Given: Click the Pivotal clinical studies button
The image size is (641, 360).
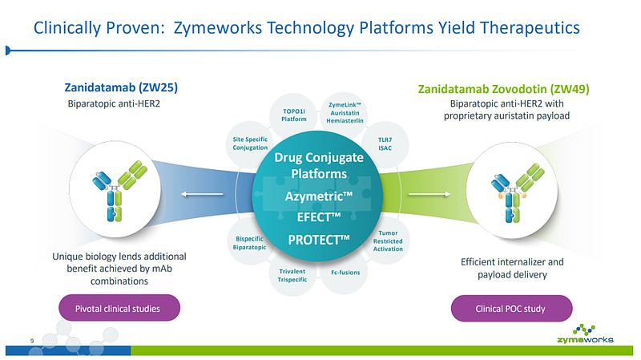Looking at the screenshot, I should pos(118,308).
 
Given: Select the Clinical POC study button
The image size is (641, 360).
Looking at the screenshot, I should pos(511,308).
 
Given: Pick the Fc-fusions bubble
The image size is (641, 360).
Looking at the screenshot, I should pos(345,273).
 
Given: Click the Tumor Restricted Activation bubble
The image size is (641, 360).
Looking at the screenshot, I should pos(388,241).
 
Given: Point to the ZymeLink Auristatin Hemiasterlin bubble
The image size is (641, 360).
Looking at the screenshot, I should pos(346,113).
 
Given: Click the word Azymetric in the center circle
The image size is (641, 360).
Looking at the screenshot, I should pos(319,196).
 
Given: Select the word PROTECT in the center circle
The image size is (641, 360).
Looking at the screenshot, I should pos(319,240).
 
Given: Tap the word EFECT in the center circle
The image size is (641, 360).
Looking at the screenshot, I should pos(319,218).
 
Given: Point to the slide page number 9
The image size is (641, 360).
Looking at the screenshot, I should pos(31,342).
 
